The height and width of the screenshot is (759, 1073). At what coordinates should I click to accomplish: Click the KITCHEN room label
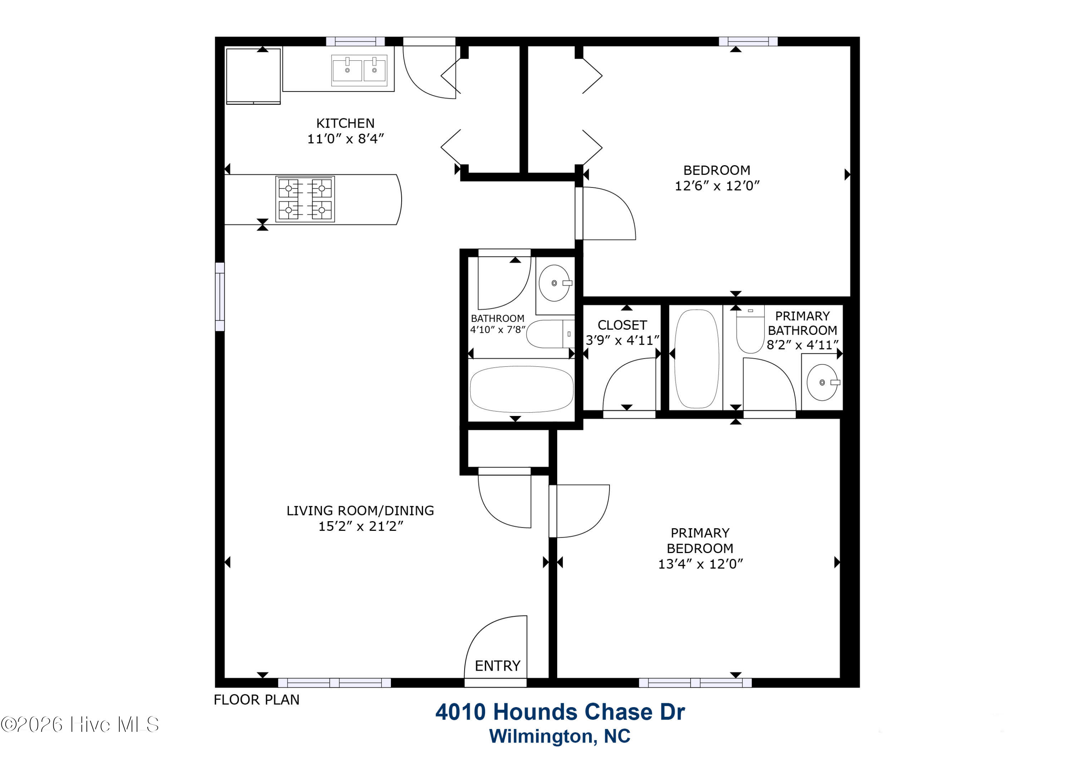coord(346,123)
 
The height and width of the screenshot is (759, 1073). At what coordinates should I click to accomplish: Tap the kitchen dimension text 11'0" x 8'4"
coord(346,139)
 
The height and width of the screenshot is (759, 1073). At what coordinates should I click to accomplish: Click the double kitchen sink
coord(359,70)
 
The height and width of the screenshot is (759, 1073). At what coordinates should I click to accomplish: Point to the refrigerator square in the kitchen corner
coord(253,76)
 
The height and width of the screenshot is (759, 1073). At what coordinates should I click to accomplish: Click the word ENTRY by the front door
coord(497,666)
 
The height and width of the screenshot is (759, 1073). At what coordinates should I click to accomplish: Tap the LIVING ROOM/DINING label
coord(360,511)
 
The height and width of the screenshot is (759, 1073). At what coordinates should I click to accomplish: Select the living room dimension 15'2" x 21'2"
coord(360,526)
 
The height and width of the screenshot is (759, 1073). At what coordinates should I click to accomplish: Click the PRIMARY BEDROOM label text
coord(700,541)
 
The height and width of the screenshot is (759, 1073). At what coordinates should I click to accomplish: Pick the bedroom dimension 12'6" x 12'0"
coord(717,186)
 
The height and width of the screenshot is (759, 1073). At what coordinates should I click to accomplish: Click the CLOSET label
coord(622,325)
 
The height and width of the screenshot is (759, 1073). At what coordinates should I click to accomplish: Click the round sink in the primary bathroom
coord(823,382)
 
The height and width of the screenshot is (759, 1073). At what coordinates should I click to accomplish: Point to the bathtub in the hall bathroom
coord(521,389)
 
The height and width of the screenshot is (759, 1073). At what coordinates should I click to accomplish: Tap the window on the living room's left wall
coord(220,297)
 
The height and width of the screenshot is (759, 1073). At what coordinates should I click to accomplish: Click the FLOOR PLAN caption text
coord(256,700)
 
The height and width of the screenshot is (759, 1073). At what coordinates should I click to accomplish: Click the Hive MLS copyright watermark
coord(80,725)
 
